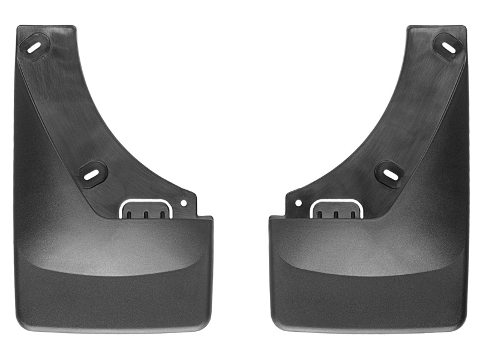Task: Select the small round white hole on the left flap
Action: click(184, 202)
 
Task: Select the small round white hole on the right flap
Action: click(298, 203)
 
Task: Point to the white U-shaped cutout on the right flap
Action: click(336, 209)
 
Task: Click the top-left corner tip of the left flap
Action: click(20, 28)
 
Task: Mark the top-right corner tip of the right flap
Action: click(464, 28)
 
